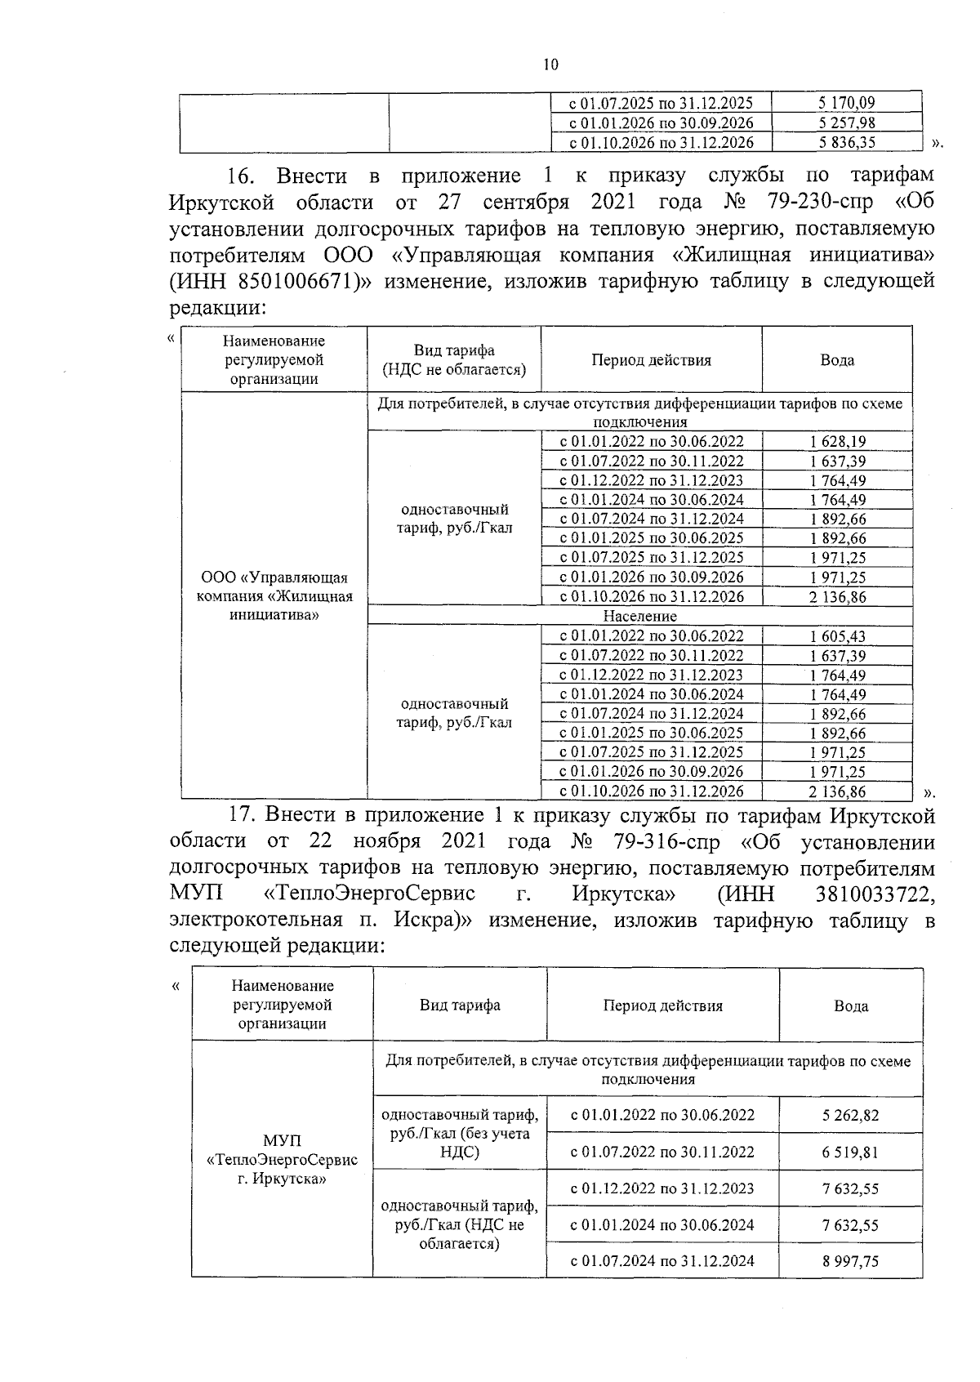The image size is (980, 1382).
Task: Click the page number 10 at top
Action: (x=550, y=65)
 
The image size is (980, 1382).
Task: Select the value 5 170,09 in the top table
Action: (x=845, y=103)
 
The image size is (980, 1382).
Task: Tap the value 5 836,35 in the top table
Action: (x=845, y=142)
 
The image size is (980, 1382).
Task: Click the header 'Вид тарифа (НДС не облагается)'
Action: (x=454, y=359)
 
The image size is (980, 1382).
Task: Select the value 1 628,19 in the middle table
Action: (x=838, y=442)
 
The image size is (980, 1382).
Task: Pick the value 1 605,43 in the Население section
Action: (x=838, y=636)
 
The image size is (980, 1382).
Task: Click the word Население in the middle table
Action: (x=639, y=616)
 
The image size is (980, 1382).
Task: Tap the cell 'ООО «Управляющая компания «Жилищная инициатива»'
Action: (x=274, y=596)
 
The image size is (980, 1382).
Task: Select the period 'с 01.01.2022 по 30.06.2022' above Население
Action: (x=651, y=442)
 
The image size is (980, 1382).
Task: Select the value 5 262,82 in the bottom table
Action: (x=850, y=1115)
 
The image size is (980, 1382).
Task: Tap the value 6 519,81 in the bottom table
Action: (x=850, y=1152)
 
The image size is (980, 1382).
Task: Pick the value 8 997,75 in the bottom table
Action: (x=850, y=1261)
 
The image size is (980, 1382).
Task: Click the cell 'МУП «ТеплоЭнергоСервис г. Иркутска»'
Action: (x=283, y=1160)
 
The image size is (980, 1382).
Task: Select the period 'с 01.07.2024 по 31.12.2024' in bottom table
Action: (x=661, y=1261)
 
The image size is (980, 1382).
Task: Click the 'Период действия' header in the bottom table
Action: (x=662, y=1005)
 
